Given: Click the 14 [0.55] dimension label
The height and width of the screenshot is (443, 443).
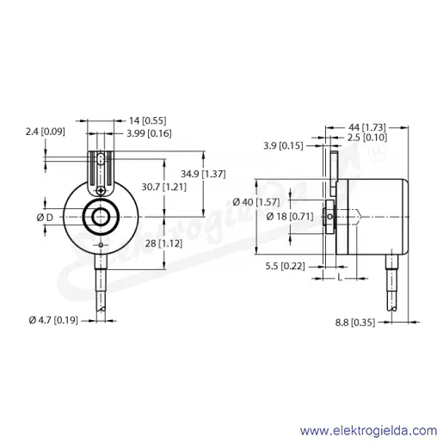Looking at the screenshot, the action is coord(147,120).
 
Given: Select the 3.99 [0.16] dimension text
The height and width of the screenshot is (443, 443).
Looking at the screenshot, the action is coord(149,133).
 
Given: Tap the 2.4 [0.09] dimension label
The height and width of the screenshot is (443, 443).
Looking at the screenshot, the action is coord(46,132).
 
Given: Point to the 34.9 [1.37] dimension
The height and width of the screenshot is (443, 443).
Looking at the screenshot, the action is coord(203,174).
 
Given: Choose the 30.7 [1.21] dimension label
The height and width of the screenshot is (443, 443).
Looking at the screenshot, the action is coord(164,188).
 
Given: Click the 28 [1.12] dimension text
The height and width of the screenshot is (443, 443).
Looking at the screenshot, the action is coord(163,243).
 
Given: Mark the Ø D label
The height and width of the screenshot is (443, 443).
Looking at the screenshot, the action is coord(45,218).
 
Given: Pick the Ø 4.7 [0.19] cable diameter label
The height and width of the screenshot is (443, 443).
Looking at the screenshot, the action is coord(53,320).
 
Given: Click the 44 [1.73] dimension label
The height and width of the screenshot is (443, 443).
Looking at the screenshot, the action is coord(367,127).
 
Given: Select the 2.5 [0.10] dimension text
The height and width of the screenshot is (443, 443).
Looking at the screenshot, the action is coord(367,138).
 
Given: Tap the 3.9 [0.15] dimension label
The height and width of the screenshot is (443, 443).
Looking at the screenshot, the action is coord(283,146).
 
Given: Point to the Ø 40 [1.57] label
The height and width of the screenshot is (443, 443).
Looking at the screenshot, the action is coord(256,202).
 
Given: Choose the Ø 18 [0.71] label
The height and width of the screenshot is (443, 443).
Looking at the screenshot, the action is coord(290,217).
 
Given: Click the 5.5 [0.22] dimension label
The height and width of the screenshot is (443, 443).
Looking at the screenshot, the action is coord(285,267).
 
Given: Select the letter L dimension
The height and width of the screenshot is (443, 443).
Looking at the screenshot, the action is coord(340,278).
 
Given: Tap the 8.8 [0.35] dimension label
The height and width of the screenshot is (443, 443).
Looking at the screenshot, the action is coord(355,323).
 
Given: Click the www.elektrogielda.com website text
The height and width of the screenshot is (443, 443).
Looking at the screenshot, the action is coord(368,431).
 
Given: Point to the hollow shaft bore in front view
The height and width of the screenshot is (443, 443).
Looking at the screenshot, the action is coord(101,217).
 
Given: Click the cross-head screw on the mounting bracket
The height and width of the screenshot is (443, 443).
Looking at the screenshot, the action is coord(101,190).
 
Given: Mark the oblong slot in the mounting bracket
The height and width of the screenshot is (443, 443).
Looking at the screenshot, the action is coord(101,160).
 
